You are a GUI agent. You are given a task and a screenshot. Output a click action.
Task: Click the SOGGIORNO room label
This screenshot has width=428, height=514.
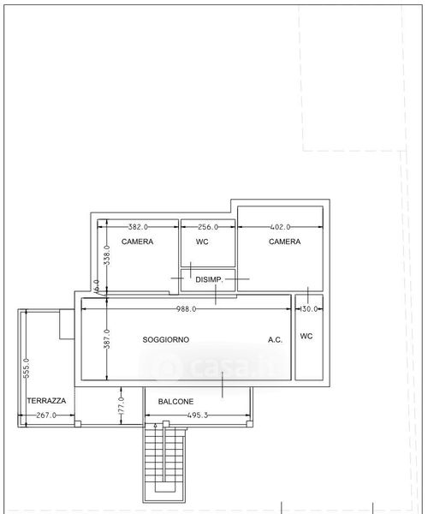click(166, 339)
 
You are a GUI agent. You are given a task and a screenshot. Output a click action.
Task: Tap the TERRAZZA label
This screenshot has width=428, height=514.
click(46, 401)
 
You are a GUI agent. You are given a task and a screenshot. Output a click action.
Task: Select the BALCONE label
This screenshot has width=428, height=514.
click(175, 402)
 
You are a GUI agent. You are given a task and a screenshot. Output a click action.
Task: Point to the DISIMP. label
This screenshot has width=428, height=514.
click(209, 279)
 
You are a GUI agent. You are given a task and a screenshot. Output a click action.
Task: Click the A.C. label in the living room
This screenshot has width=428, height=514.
click(275, 340)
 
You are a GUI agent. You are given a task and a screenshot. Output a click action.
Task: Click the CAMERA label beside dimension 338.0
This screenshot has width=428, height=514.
click(137, 242)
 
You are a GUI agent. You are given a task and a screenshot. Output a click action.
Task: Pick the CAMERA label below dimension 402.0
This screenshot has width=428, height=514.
click(284, 242)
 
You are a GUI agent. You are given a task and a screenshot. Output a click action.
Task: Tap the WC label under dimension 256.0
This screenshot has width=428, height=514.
click(202, 242)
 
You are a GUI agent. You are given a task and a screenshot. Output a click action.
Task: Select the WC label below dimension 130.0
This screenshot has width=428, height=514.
click(306, 336)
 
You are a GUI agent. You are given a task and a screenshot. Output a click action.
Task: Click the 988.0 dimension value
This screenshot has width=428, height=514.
click(187, 308)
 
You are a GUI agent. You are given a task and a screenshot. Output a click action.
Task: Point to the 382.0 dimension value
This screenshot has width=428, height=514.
click(138, 227)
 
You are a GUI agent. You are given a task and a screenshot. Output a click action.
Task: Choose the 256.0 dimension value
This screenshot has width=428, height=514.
click(208, 227)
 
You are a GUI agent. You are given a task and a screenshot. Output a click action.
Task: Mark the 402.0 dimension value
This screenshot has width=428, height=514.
click(280, 227)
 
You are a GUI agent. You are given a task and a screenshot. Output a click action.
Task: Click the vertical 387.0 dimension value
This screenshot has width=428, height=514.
click(107, 339)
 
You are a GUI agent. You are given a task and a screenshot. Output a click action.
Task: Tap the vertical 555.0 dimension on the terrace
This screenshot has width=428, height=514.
click(27, 368)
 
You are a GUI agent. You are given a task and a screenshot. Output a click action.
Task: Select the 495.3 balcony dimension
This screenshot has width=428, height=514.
click(198, 415)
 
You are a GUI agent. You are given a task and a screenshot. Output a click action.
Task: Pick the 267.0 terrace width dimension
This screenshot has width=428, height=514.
click(46, 415)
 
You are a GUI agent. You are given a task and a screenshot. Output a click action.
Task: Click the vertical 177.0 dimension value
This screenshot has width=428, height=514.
click(122, 405)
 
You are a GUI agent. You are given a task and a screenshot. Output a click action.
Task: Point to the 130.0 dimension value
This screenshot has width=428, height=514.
click(309, 308)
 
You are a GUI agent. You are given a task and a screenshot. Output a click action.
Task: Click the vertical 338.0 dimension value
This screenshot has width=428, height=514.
click(107, 255)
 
